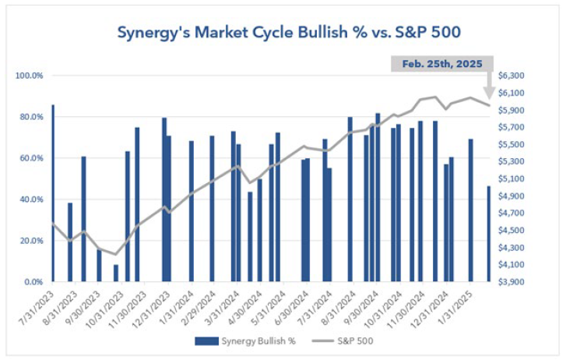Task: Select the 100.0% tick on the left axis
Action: click(x=28, y=76)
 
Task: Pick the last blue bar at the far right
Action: click(x=488, y=233)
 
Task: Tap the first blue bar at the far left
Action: click(x=53, y=192)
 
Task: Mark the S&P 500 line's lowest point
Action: click(x=116, y=254)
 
